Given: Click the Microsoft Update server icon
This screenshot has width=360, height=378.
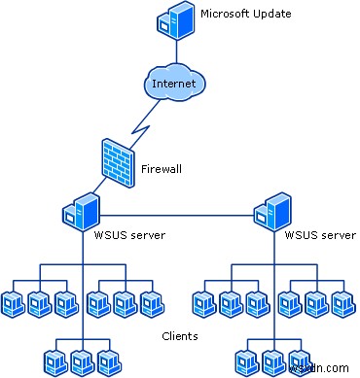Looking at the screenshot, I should (174, 20).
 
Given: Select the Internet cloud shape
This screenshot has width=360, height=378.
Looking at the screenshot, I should (173, 84).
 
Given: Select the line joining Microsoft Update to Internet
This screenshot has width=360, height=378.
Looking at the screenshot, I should (175, 51).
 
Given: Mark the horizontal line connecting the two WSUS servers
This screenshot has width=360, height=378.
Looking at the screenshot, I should (175, 214).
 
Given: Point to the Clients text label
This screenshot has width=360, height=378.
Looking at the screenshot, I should (179, 336).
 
